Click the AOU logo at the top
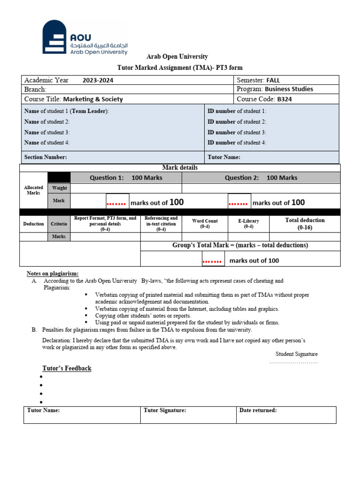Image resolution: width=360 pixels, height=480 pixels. [85, 37]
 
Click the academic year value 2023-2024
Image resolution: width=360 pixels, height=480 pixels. [98, 80]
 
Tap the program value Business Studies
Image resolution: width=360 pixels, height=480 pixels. [289, 89]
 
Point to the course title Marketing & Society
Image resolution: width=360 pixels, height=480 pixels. [93, 99]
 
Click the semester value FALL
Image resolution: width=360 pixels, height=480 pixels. [273, 80]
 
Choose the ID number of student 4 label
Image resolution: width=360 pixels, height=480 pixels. [237, 142]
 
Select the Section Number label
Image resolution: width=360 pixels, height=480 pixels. [45, 157]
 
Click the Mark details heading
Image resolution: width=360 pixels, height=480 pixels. [180, 167]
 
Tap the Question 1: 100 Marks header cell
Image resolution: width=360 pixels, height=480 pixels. [126, 178]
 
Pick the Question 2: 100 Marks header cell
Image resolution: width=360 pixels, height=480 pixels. [261, 178]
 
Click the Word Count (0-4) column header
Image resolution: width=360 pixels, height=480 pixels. [205, 224]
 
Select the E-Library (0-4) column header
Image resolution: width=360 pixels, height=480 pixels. [248, 224]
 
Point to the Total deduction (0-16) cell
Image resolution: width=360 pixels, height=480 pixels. [305, 224]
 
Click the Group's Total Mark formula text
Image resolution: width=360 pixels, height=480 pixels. [240, 245]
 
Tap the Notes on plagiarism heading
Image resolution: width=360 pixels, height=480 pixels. [52, 273]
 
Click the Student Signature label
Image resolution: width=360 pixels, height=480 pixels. [296, 354]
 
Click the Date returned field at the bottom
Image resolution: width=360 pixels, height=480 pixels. [258, 411]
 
